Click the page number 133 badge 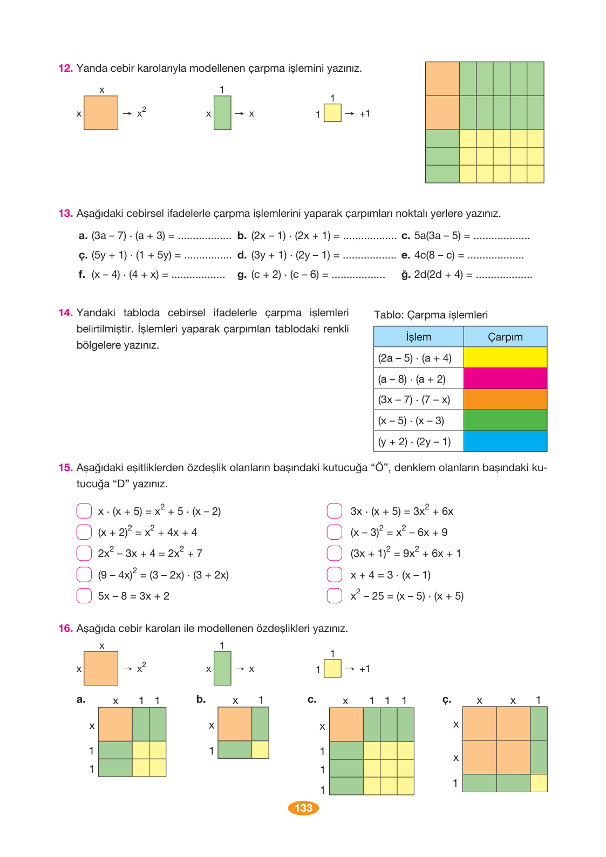pyautogui.click(x=303, y=808)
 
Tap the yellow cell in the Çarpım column pyautogui.click(x=505, y=357)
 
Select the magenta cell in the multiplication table pyautogui.click(x=505, y=378)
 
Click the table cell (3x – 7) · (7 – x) pyautogui.click(x=414, y=399)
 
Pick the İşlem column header pyautogui.click(x=418, y=337)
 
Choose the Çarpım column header pyautogui.click(x=505, y=337)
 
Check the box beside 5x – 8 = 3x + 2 pyautogui.click(x=84, y=596)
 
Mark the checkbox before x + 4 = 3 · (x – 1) pyautogui.click(x=335, y=575)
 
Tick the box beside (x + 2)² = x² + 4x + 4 pyautogui.click(x=84, y=532)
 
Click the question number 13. pyautogui.click(x=65, y=214)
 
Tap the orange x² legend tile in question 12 pyautogui.click(x=101, y=113)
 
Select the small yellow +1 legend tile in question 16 pyautogui.click(x=332, y=669)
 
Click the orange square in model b pyautogui.click(x=235, y=724)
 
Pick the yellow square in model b pyautogui.click(x=260, y=750)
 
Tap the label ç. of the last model pyautogui.click(x=446, y=699)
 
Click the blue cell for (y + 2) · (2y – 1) pyautogui.click(x=505, y=441)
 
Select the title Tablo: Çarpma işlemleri pyautogui.click(x=431, y=315)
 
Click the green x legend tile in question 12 pyautogui.click(x=222, y=113)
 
